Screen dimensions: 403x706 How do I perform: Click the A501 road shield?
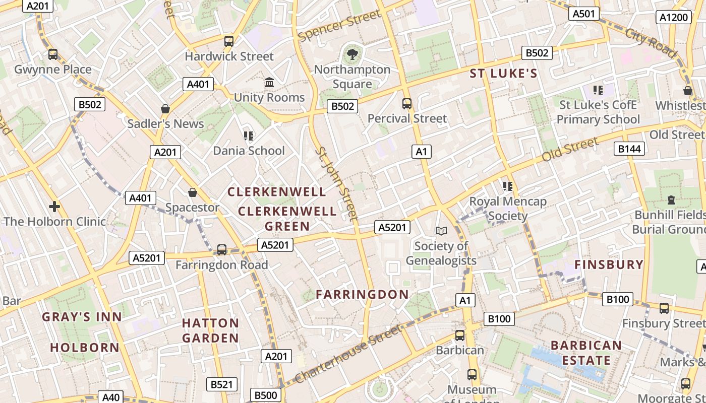pyautogui.click(x=584, y=14)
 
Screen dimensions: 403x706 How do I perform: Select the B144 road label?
pyautogui.click(x=629, y=148)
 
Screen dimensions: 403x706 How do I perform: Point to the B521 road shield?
pyautogui.click(x=221, y=384)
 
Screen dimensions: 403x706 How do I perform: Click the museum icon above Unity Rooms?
pyautogui.click(x=269, y=82)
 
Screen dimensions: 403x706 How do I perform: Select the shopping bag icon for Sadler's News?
pyautogui.click(x=165, y=109)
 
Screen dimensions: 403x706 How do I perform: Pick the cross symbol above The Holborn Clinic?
pyautogui.click(x=54, y=207)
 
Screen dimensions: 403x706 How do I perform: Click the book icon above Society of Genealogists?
pyautogui.click(x=441, y=231)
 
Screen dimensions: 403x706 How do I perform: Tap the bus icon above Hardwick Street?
pyautogui.click(x=229, y=41)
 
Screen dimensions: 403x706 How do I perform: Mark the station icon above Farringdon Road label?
pyautogui.click(x=221, y=250)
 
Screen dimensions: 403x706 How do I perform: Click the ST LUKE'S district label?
pyautogui.click(x=503, y=74)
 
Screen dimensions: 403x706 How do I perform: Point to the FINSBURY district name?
pyautogui.click(x=609, y=264)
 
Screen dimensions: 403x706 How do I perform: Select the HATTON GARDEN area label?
pyautogui.click(x=210, y=330)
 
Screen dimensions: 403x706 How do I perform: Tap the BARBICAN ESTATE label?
pyautogui.click(x=586, y=353)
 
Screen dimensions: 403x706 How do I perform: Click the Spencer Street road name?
pyautogui.click(x=339, y=26)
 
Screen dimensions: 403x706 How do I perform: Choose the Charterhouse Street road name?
pyautogui.click(x=348, y=354)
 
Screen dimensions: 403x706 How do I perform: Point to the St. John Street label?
pyautogui.click(x=336, y=184)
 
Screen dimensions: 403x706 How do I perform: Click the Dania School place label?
pyautogui.click(x=249, y=151)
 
